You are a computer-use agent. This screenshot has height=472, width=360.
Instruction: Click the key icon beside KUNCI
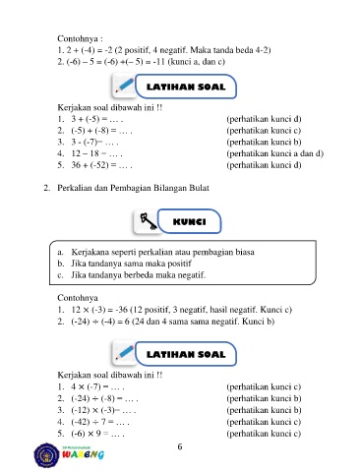pyautogui.click(x=149, y=221)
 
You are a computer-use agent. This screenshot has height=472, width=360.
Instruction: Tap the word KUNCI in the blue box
pyautogui.click(x=190, y=222)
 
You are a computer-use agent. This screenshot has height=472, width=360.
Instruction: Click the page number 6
pyautogui.click(x=180, y=446)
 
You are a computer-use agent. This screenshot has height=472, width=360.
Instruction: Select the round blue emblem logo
pyautogui.click(x=47, y=455)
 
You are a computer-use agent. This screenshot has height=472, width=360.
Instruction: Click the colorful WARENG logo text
pyautogui.click(x=84, y=454)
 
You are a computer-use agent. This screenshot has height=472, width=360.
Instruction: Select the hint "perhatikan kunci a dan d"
pyautogui.click(x=274, y=153)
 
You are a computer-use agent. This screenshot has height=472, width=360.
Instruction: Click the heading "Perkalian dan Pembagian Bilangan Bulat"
pyautogui.click(x=133, y=188)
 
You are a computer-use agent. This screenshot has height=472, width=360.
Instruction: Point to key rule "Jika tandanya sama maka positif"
pyautogui.click(x=131, y=264)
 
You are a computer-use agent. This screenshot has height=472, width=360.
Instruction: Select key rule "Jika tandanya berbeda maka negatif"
pyautogui.click(x=139, y=275)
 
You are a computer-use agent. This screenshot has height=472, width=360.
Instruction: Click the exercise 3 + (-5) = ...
pyautogui.click(x=97, y=119)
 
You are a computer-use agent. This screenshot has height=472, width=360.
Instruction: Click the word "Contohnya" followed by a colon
pyautogui.click(x=80, y=38)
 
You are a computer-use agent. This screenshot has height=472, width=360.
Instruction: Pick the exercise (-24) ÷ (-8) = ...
pyautogui.click(x=104, y=398)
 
